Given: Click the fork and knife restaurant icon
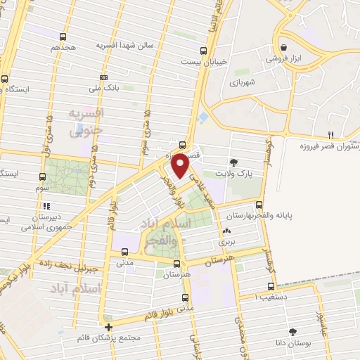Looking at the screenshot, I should click(x=331, y=134).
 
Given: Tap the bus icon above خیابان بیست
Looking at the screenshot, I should click(x=204, y=50).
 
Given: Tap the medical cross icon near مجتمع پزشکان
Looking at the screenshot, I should click(x=108, y=328).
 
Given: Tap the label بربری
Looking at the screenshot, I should click(x=226, y=241).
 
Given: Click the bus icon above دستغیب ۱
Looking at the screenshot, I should click(x=271, y=286).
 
